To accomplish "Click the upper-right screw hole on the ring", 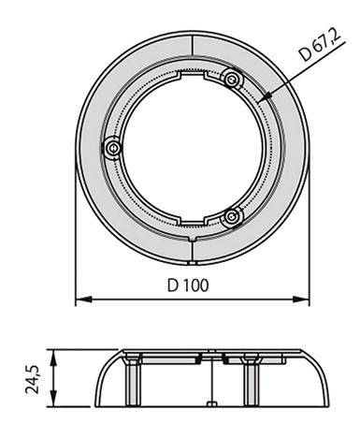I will click(231, 76).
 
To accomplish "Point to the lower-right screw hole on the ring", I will click(233, 217).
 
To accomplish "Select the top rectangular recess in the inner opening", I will click(191, 72).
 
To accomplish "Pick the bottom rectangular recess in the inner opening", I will click(193, 222).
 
